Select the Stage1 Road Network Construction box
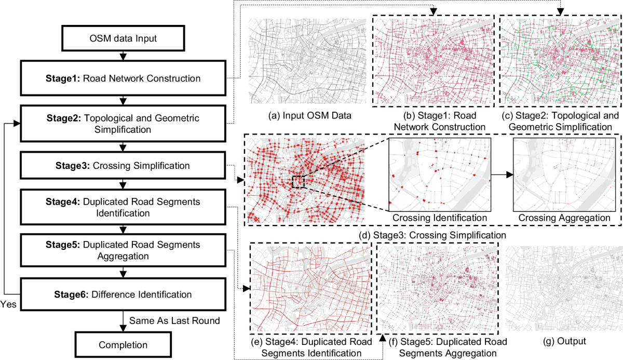pyautogui.click(x=122, y=78)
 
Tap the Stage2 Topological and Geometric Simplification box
pyautogui.click(x=122, y=123)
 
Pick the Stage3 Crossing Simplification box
pyautogui.click(x=122, y=166)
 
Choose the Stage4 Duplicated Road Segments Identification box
pyautogui.click(x=122, y=207)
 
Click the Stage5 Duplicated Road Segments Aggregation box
pyautogui.click(x=122, y=250)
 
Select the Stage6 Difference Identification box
pyautogui.click(x=122, y=295)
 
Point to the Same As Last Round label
pyautogui.click(x=174, y=321)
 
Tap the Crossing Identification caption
pyautogui.click(x=440, y=218)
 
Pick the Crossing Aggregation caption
pyautogui.click(x=564, y=218)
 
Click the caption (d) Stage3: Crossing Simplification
pyautogui.click(x=434, y=235)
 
